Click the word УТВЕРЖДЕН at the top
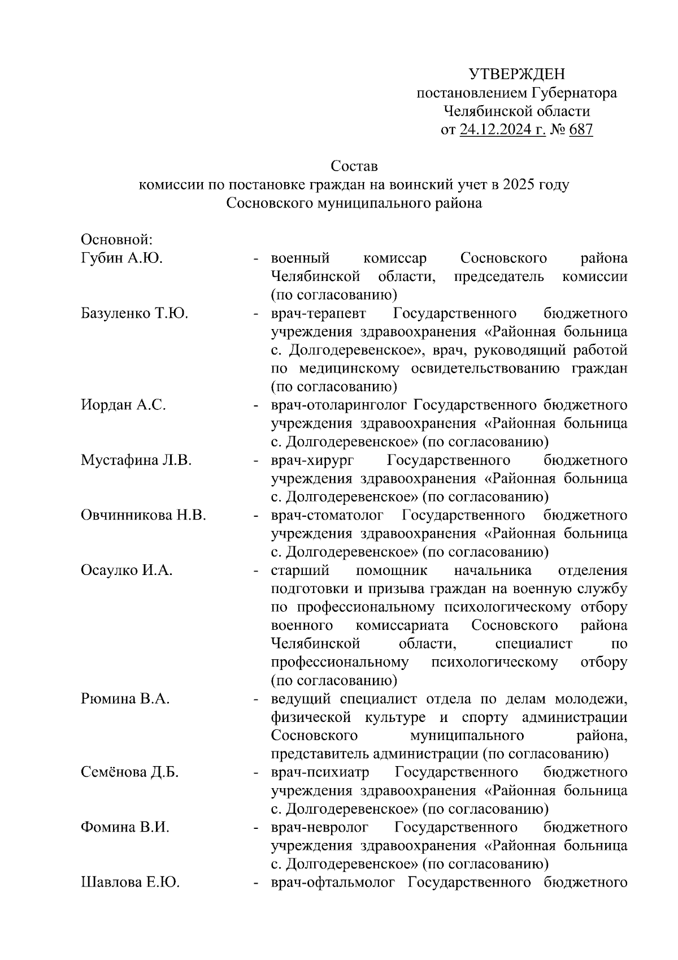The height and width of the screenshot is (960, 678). coord(516,74)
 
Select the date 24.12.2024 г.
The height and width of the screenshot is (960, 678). coord(502,130)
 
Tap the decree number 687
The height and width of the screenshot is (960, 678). coord(581,130)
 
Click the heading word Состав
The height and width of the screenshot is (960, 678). coord(354,167)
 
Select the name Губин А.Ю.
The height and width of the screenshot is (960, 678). coord(121,258)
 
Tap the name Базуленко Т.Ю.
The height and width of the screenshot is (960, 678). coord(134,313)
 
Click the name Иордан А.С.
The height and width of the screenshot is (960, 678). coord(123,405)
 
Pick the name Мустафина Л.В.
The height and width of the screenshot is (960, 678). coord(136,460)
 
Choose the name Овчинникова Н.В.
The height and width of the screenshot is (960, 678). coord(144,515)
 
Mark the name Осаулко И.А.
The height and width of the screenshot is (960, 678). coord(127,570)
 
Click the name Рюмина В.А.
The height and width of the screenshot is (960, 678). coord(125,699)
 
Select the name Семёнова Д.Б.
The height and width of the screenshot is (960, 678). coord(130,772)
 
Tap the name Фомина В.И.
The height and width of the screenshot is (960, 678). coord(125,827)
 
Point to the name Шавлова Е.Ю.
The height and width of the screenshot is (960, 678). coord(131,882)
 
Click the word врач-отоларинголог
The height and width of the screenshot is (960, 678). coord(339,405)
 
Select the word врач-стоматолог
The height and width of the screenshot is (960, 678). coord(327,515)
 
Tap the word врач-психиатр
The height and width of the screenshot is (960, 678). coord(320,772)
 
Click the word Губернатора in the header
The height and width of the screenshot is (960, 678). coord(575,93)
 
